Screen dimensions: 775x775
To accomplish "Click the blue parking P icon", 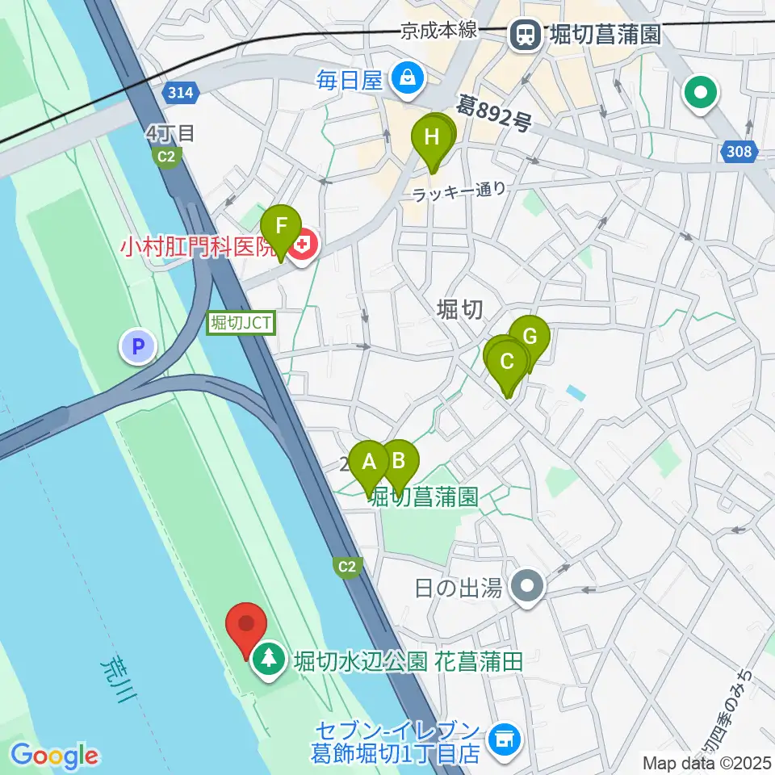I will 137,347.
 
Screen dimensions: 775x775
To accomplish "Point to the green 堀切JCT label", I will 242,324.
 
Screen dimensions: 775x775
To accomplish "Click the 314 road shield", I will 182,94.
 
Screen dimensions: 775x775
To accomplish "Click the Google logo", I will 54,755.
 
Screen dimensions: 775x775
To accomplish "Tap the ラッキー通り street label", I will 459,192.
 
